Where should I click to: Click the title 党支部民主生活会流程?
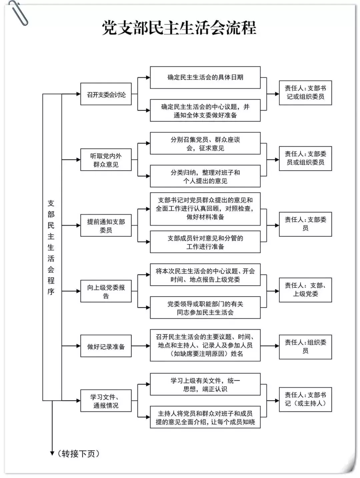[x=179, y=28]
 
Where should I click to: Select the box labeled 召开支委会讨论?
[x=106, y=94]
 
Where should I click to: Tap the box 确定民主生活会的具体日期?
[x=205, y=78]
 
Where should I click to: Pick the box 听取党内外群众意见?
[x=106, y=160]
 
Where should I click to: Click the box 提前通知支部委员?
[x=106, y=226]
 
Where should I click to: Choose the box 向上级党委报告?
[x=106, y=291]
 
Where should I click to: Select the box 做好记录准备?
[x=106, y=346]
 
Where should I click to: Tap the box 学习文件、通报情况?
[x=106, y=401]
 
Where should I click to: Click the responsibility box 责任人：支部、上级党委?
[x=305, y=290]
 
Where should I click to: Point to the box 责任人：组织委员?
[x=305, y=347]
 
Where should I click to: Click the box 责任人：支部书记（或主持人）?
[x=305, y=399]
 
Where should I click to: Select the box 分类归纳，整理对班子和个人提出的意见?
[x=205, y=176]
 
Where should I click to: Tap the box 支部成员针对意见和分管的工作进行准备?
[x=205, y=242]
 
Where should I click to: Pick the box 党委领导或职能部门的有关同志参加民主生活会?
[x=205, y=307]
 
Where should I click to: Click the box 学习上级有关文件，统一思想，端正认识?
[x=205, y=384]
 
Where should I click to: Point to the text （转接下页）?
[x=78, y=454]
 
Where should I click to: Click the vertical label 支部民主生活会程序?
[x=51, y=247]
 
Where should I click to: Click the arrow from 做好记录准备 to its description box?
[x=141, y=346]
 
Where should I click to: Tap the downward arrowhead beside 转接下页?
[x=52, y=453]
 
